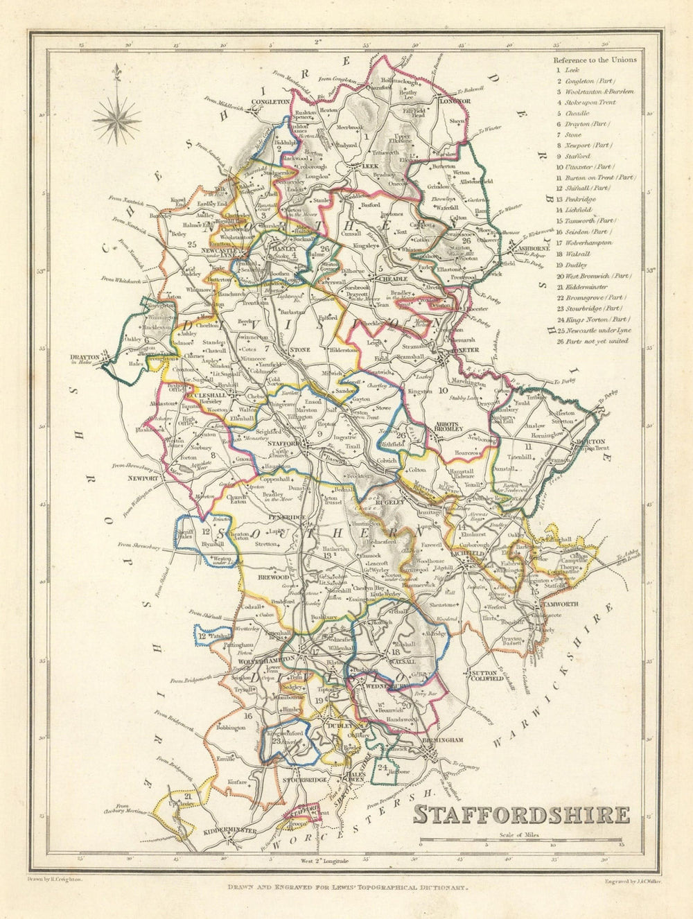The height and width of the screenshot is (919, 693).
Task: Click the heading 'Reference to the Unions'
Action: tap(595, 60)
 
